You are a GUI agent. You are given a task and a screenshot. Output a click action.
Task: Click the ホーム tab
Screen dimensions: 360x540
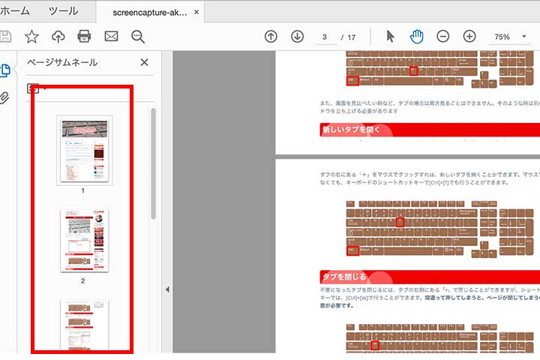click(x=15, y=11)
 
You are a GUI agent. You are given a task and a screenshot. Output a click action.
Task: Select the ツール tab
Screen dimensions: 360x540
click(x=63, y=11)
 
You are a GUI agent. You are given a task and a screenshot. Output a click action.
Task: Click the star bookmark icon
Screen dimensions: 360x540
click(x=31, y=36)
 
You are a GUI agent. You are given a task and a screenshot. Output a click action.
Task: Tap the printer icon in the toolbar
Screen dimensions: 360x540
click(x=84, y=36)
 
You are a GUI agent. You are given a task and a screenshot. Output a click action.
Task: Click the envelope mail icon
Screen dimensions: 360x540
click(x=111, y=36)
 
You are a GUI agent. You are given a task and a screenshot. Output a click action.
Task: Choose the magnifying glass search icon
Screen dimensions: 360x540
click(x=138, y=36)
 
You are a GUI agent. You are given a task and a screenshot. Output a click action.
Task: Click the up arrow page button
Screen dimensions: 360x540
click(x=271, y=36)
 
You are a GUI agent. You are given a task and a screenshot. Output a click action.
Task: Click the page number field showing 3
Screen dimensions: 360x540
click(x=325, y=37)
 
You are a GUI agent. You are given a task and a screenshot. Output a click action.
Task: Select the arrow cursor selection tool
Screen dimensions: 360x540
click(x=390, y=36)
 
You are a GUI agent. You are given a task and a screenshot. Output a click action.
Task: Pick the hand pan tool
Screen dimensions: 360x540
click(x=416, y=36)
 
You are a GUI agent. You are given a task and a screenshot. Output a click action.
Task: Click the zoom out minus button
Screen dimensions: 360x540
click(x=443, y=36)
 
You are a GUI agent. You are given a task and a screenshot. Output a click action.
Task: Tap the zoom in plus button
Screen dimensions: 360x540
click(x=469, y=36)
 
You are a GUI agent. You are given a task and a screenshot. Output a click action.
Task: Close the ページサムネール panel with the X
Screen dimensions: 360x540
click(x=145, y=63)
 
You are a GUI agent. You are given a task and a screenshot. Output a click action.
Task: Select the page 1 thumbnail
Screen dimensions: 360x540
click(x=84, y=149)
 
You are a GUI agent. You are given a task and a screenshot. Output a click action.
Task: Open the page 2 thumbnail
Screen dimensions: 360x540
click(x=83, y=241)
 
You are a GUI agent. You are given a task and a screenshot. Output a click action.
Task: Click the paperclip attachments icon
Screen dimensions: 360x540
click(x=5, y=98)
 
